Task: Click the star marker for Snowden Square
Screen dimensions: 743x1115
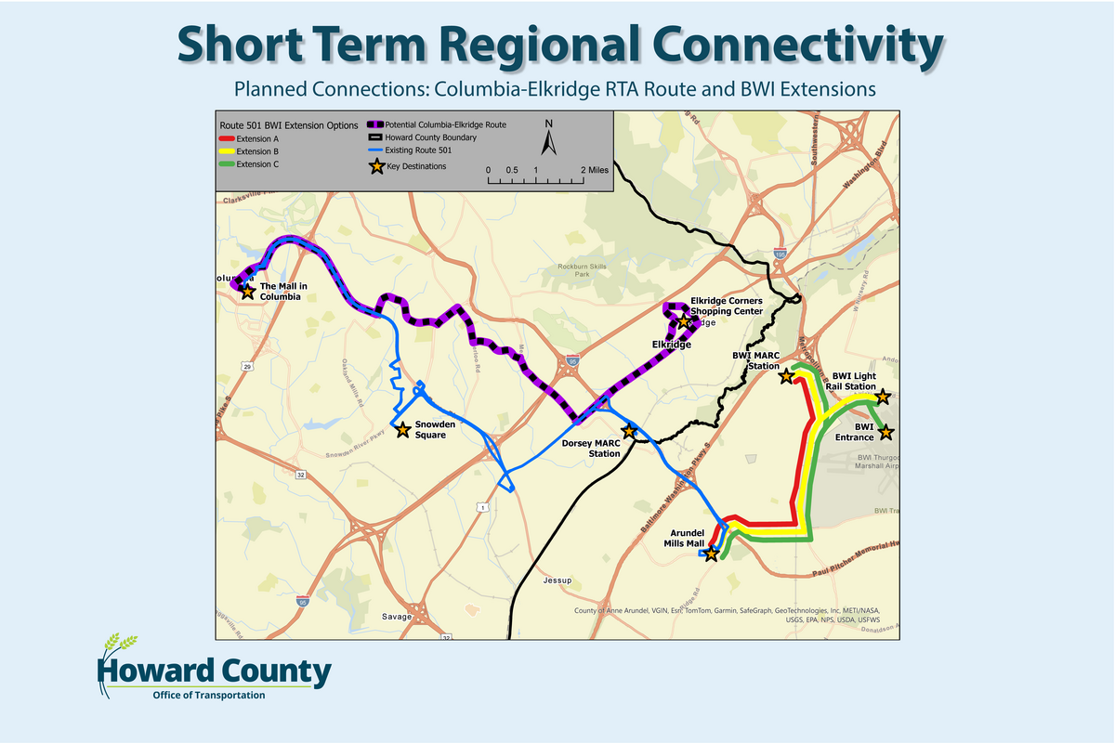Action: click(402, 430)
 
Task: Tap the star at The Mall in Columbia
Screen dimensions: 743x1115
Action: click(247, 291)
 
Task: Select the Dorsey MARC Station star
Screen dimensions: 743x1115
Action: click(628, 431)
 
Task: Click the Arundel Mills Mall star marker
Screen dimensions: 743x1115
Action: click(711, 554)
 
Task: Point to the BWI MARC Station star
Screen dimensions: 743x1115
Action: click(786, 376)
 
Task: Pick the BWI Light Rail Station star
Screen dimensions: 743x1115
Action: click(883, 397)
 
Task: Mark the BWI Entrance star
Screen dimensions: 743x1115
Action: click(885, 432)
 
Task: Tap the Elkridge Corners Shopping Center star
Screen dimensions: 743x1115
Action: click(684, 321)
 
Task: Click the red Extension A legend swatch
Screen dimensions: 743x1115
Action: click(226, 137)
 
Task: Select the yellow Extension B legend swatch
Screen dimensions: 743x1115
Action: click(226, 150)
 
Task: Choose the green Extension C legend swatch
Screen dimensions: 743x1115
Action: click(226, 164)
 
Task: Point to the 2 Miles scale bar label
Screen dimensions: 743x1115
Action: click(596, 170)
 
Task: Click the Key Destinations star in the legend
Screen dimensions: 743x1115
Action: click(377, 166)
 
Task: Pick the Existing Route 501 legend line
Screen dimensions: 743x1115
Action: click(377, 150)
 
